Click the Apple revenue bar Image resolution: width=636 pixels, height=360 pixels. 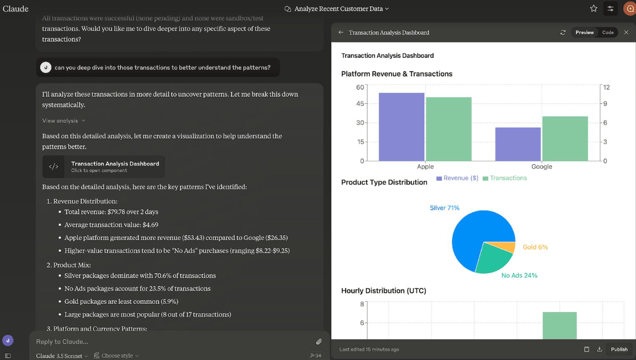click(x=401, y=127)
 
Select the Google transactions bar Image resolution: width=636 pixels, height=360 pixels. click(x=565, y=139)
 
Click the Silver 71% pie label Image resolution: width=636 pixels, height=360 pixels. click(x=445, y=208)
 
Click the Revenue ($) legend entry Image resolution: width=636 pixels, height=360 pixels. click(x=457, y=178)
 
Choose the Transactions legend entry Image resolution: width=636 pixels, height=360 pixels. click(x=505, y=178)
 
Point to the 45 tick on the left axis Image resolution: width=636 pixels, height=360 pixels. click(x=360, y=103)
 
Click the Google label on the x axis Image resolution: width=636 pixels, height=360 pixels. click(x=541, y=167)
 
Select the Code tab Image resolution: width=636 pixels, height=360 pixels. click(x=607, y=32)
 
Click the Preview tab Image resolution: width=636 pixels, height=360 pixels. click(x=584, y=32)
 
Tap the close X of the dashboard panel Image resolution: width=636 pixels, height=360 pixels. click(x=626, y=32)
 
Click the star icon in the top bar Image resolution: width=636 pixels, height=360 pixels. click(x=594, y=8)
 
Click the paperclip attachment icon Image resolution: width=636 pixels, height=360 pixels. click(x=319, y=342)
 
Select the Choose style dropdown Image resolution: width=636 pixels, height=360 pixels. click(x=117, y=356)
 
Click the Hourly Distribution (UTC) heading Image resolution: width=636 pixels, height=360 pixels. click(x=384, y=291)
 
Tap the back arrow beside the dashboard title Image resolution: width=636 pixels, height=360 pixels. click(x=341, y=32)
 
